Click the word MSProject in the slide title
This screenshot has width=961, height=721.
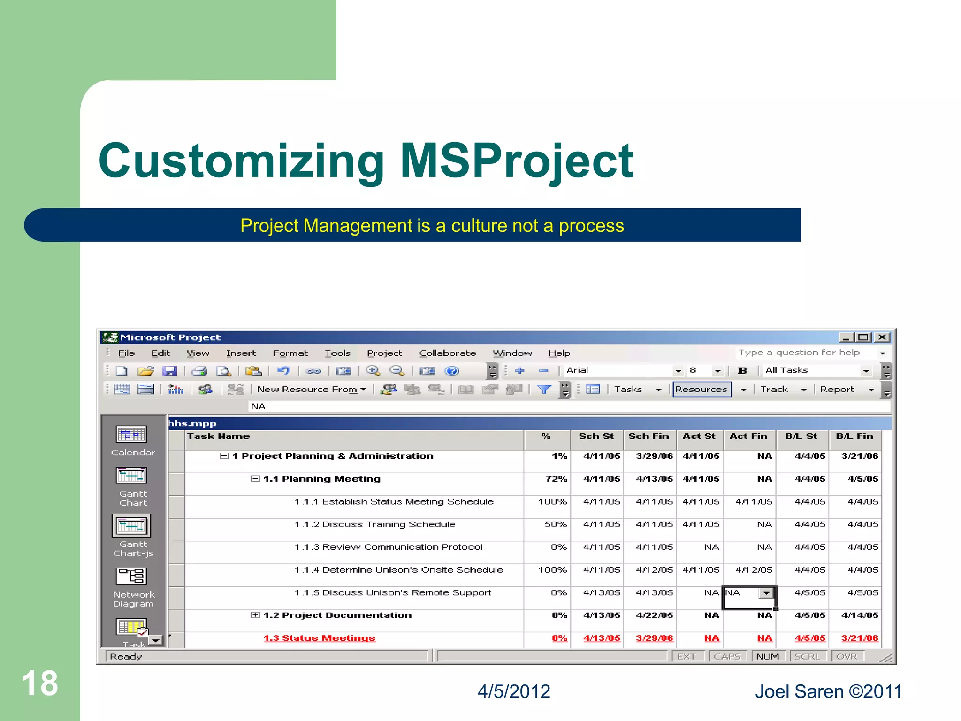pyautogui.click(x=516, y=161)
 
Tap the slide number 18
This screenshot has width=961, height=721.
pyautogui.click(x=40, y=683)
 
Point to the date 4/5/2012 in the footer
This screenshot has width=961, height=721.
pyautogui.click(x=514, y=691)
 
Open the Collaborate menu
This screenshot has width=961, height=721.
pyautogui.click(x=447, y=353)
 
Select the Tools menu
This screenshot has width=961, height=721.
pyautogui.click(x=337, y=353)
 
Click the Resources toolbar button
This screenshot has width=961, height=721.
pyautogui.click(x=701, y=389)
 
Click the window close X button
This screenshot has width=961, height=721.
pyautogui.click(x=882, y=337)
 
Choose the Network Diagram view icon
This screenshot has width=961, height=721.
pyautogui.click(x=132, y=576)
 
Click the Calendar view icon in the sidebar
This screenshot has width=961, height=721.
pyautogui.click(x=131, y=435)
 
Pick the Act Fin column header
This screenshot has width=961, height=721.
pyautogui.click(x=748, y=437)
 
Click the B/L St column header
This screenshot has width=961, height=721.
pyautogui.click(x=801, y=437)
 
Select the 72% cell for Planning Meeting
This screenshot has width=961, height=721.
pyautogui.click(x=556, y=479)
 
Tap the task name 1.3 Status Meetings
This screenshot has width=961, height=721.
pyautogui.click(x=319, y=638)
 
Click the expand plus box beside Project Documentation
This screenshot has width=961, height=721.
pyautogui.click(x=255, y=615)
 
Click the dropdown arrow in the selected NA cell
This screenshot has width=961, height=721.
pyautogui.click(x=766, y=593)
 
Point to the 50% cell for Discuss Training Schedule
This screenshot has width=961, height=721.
pyautogui.click(x=556, y=524)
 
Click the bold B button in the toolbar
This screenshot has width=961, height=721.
pyautogui.click(x=742, y=371)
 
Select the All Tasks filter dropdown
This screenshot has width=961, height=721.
pyautogui.click(x=817, y=371)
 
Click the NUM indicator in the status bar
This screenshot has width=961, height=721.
pyautogui.click(x=767, y=656)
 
